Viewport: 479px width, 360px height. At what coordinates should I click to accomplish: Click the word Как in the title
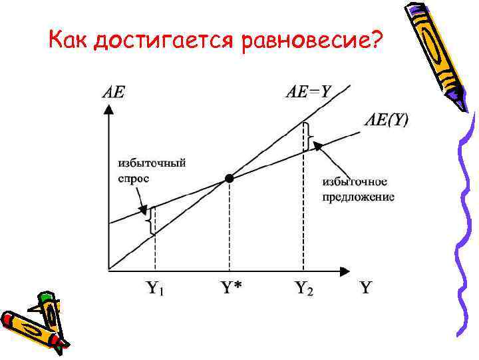tap(69, 41)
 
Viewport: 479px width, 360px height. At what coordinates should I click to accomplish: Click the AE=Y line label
tap(308, 92)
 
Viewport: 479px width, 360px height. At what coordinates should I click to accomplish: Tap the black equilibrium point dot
tap(230, 178)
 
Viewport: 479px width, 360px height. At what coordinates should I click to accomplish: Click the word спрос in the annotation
tap(133, 178)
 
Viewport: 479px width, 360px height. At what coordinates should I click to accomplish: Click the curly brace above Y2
tap(308, 137)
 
